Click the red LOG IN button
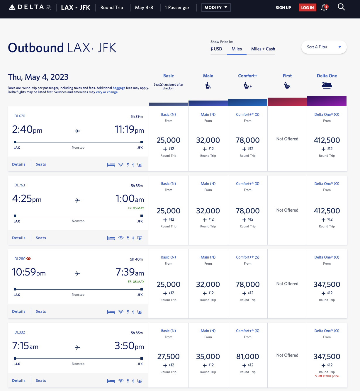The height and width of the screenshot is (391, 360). [307, 8]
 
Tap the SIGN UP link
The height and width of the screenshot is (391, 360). [283, 8]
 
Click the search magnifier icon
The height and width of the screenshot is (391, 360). [341, 7]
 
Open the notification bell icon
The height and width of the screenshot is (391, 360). [324, 8]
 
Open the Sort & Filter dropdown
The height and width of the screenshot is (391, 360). [324, 47]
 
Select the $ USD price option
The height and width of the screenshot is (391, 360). [216, 49]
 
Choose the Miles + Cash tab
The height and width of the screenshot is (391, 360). [263, 49]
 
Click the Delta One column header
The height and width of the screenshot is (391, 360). [327, 76]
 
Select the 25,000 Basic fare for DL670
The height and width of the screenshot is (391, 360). [168, 140]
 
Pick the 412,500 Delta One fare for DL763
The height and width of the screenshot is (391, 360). [327, 211]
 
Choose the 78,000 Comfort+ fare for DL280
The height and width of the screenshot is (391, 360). [247, 285]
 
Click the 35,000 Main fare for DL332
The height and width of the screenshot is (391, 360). [208, 357]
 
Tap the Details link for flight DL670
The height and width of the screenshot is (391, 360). [19, 164]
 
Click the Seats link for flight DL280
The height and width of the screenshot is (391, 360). [41, 312]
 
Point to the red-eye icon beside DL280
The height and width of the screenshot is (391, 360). [29, 259]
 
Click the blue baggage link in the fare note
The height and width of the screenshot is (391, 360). [119, 88]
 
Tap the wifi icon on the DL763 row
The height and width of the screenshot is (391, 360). [120, 238]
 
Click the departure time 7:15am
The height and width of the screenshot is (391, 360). [25, 346]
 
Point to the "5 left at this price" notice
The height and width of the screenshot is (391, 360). [327, 376]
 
